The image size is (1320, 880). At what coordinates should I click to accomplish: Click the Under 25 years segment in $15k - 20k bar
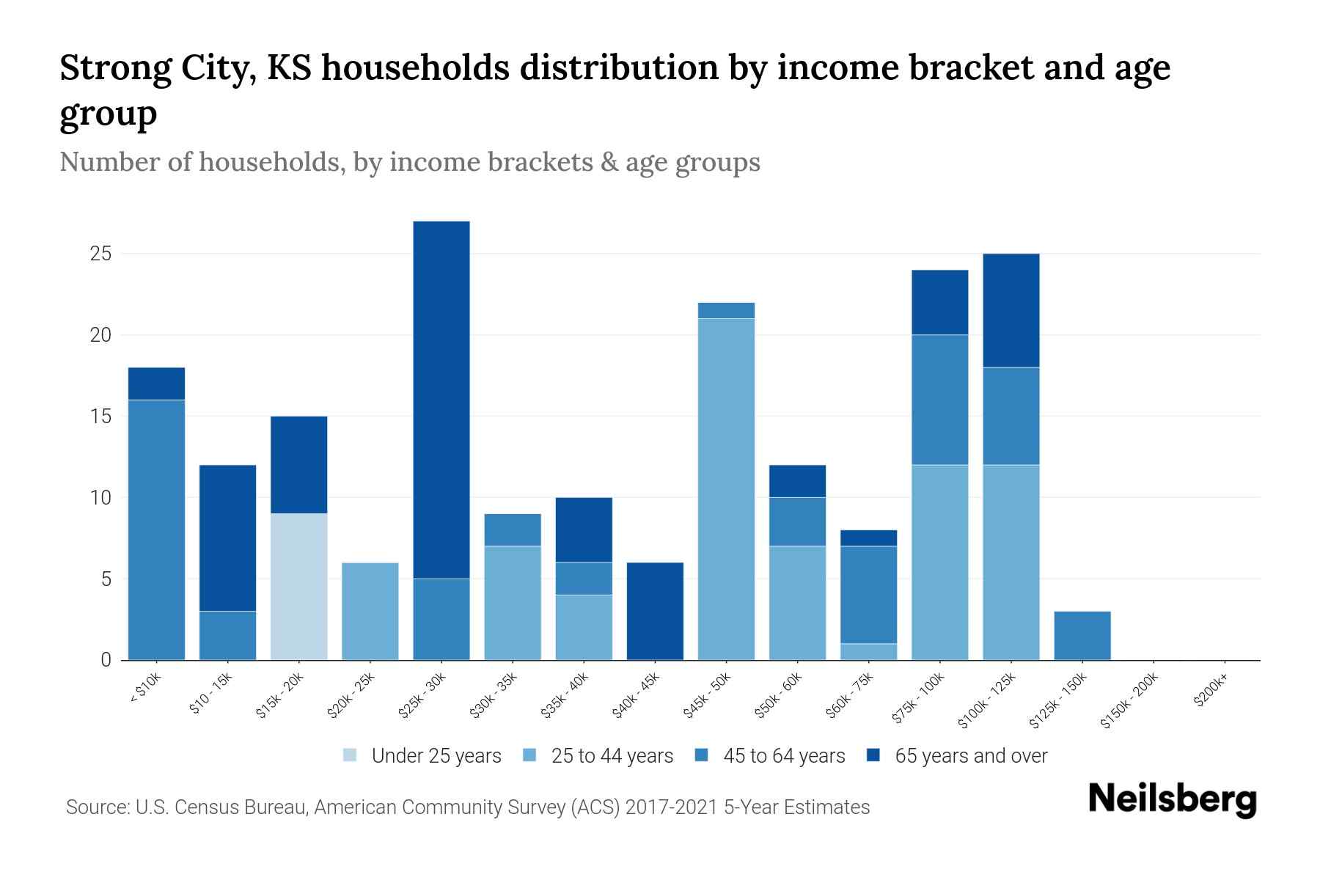click(299, 587)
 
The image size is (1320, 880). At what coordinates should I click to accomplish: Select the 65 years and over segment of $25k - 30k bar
click(441, 400)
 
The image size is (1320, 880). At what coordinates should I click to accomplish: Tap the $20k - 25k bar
click(370, 611)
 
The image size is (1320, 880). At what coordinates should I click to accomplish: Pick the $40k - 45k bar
click(655, 611)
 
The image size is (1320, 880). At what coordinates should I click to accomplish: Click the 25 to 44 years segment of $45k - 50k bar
click(726, 489)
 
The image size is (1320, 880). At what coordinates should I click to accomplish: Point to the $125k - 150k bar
click(1082, 635)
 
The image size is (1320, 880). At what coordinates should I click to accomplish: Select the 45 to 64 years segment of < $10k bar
click(156, 529)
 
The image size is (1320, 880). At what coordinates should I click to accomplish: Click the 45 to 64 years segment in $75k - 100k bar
click(940, 400)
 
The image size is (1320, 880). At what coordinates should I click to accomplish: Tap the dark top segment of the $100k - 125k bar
click(1011, 310)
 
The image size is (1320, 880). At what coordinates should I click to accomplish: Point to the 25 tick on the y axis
click(100, 254)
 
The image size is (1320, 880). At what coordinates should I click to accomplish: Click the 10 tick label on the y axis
click(100, 498)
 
